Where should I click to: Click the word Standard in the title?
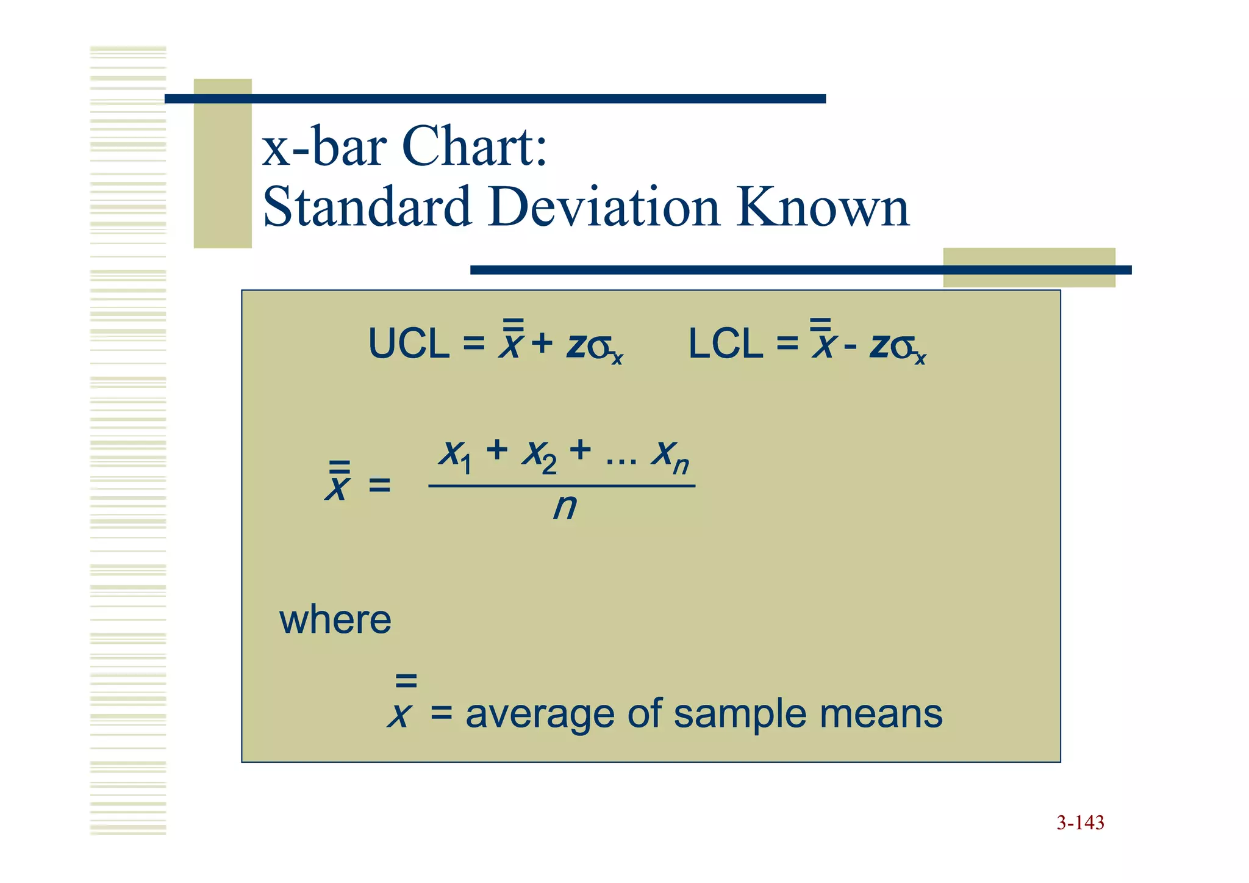367,207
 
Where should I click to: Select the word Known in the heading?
823,207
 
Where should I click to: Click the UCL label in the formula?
408,344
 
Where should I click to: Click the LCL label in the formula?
725,344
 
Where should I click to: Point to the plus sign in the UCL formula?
542,344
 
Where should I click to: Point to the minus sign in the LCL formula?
850,346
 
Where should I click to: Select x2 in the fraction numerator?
539,455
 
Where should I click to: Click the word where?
335,620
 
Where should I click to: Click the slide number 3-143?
1080,823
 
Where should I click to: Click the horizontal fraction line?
562,486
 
